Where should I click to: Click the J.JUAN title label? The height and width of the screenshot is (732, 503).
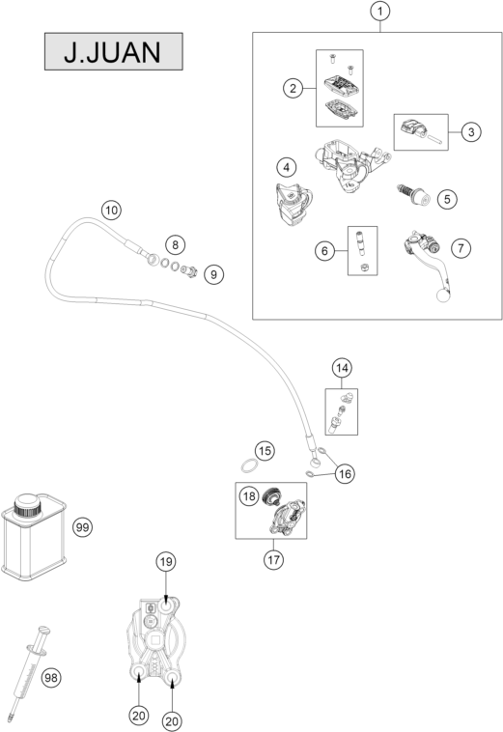113,51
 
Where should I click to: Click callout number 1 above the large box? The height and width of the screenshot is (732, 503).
380,12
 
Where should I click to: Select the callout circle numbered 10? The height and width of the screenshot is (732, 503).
112,211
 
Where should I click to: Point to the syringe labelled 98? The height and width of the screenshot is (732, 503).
29,671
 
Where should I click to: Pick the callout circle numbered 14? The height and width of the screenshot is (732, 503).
342,368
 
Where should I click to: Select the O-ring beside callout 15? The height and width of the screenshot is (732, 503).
249,465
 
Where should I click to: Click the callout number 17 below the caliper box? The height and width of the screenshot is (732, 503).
273,559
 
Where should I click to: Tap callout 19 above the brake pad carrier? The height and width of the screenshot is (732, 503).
166,562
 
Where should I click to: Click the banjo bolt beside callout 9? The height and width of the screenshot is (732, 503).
189,270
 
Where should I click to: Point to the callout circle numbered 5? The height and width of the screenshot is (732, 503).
447,199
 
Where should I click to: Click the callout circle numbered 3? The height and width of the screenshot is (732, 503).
471,132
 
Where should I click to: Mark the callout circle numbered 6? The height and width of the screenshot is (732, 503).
324,251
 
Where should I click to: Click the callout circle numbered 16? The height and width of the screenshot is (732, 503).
345,474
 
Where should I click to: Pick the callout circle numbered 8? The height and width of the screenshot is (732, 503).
175,244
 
